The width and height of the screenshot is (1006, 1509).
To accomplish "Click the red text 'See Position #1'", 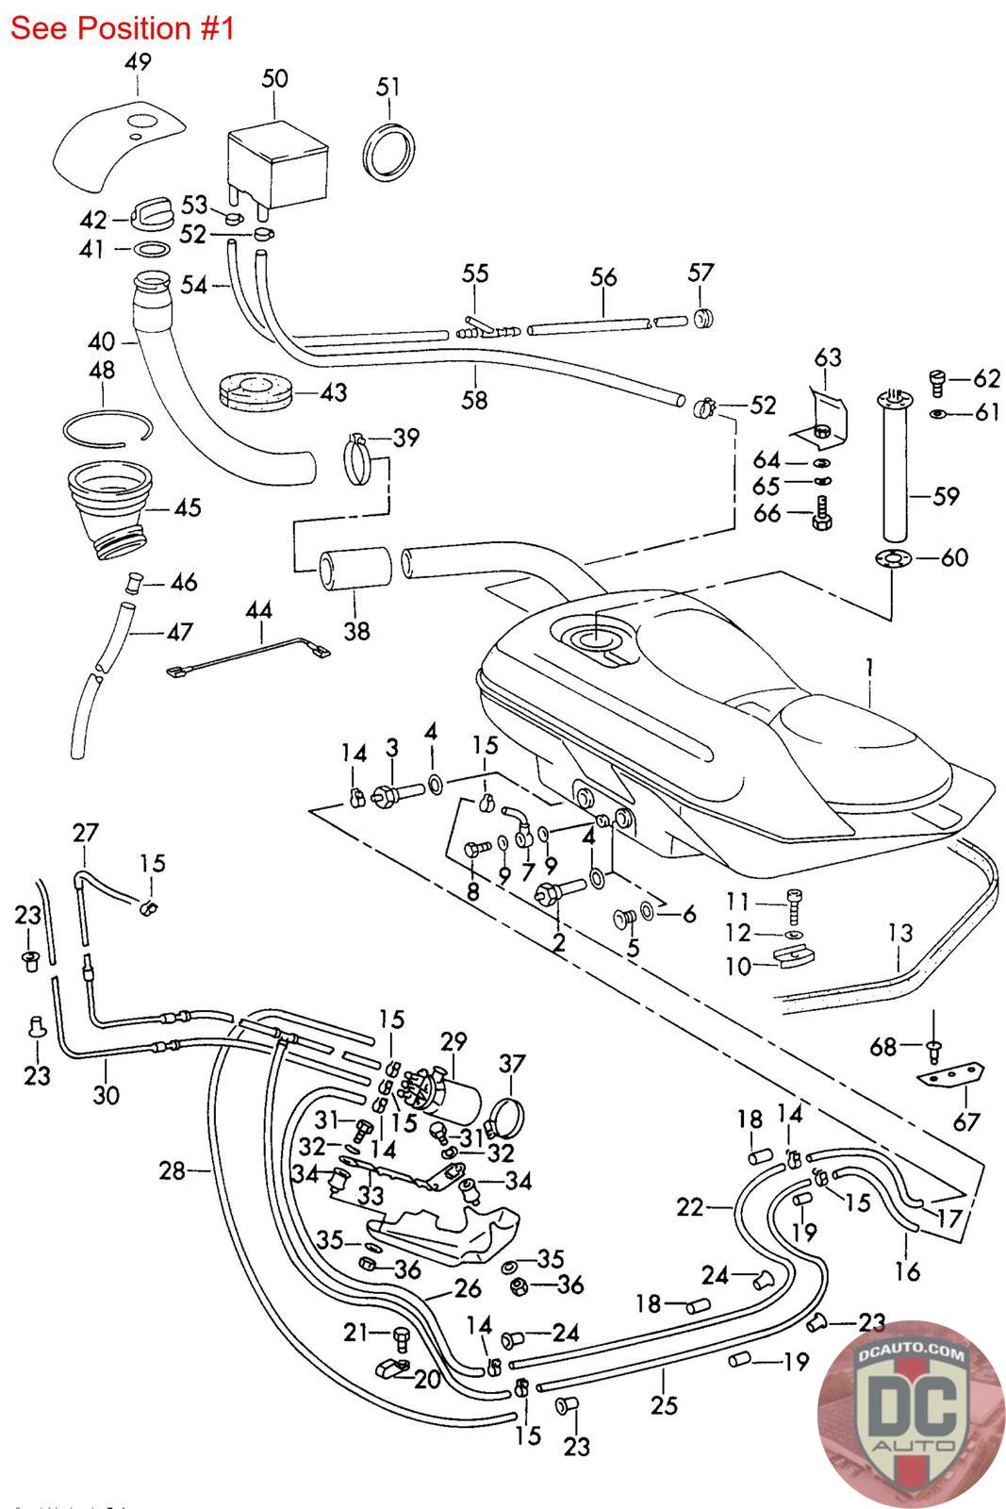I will (x=122, y=28).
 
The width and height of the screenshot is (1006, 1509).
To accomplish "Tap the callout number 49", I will (x=138, y=63).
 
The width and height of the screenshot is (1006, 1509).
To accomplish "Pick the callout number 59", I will (x=946, y=496).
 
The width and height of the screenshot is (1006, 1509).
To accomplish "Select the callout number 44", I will (x=258, y=610).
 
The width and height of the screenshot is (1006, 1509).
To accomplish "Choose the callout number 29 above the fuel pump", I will (x=454, y=1042).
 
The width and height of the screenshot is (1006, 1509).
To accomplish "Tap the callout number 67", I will (x=967, y=1121).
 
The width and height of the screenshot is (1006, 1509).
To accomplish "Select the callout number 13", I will (x=900, y=934).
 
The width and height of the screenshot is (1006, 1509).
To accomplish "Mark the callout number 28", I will (x=173, y=1171).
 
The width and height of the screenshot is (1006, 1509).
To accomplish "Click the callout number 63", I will (x=828, y=357).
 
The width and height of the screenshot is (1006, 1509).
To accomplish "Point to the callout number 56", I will (x=603, y=277).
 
